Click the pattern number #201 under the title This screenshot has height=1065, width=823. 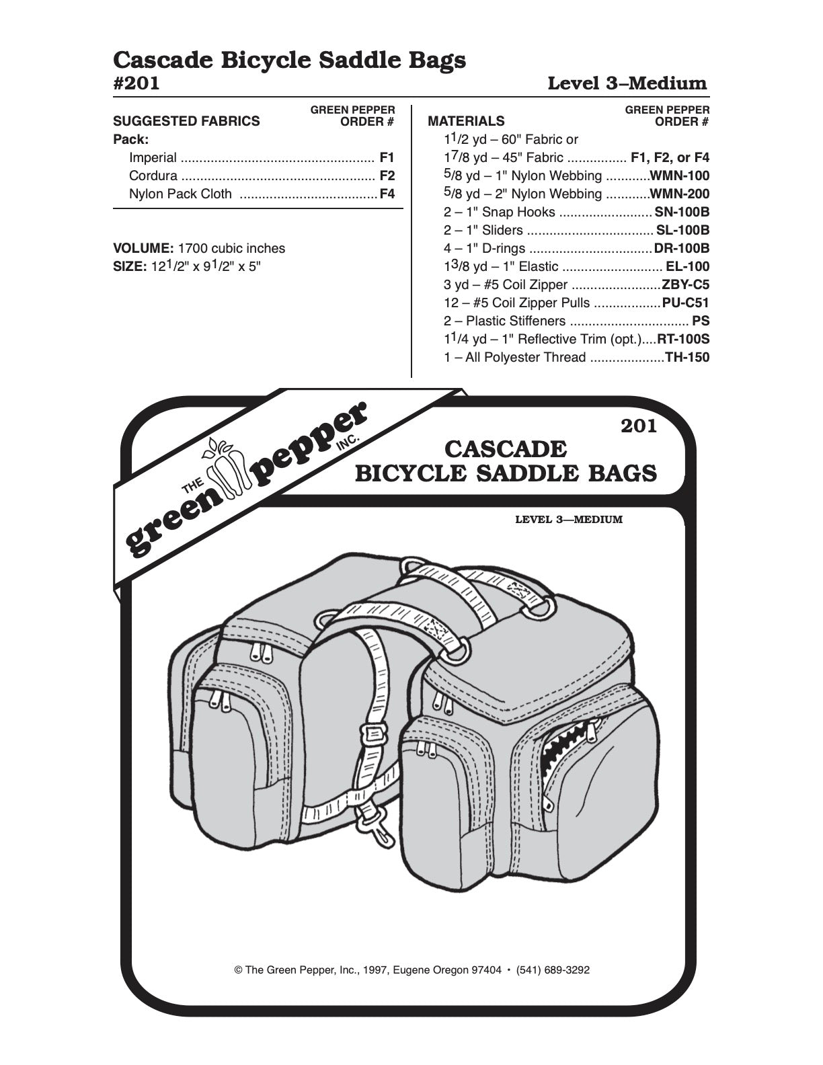click(136, 83)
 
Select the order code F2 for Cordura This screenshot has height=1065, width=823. click(387, 176)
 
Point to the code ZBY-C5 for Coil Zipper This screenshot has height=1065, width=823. click(685, 284)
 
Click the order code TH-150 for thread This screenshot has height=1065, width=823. click(687, 358)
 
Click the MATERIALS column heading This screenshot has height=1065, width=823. click(466, 122)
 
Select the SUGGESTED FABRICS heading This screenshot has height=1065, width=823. click(186, 122)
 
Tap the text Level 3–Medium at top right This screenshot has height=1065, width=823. click(627, 84)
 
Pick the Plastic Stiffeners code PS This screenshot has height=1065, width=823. click(701, 321)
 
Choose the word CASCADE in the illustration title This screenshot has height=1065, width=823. click(506, 448)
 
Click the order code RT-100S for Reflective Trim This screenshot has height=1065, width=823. click(683, 340)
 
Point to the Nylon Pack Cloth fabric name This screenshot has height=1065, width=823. click(180, 194)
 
